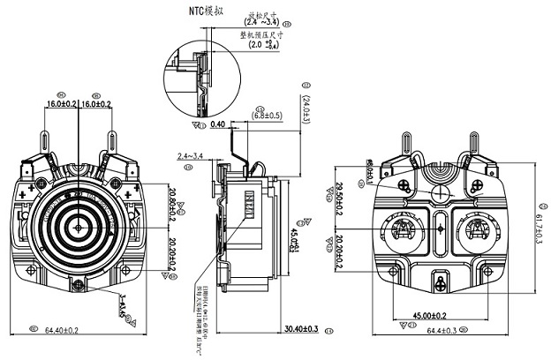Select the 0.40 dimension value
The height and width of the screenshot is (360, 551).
tap(218, 124)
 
